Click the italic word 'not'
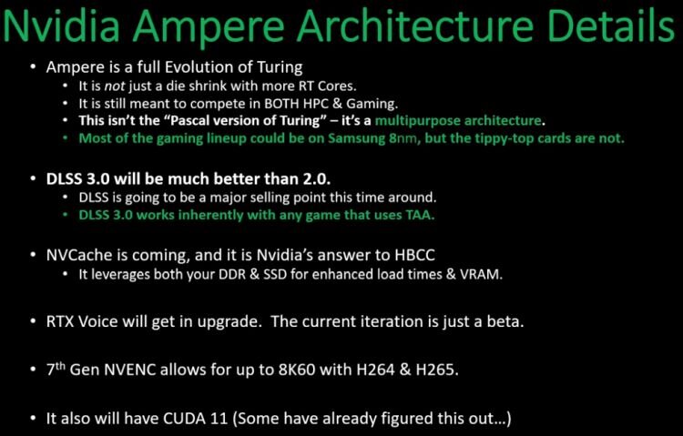[x=115, y=86]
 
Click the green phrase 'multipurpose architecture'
[x=458, y=121]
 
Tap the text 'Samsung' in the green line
[x=356, y=138]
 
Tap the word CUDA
[x=182, y=419]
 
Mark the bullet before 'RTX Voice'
[x=34, y=322]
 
